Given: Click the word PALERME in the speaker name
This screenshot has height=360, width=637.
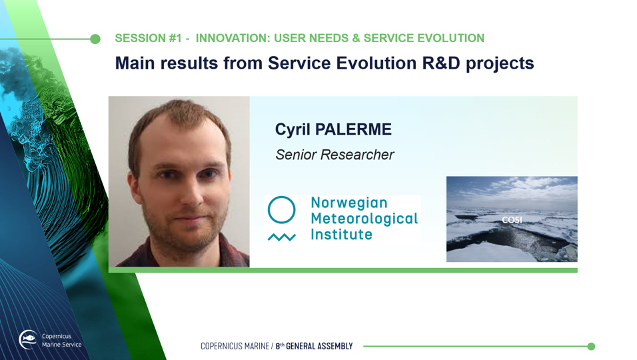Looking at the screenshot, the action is [353, 129].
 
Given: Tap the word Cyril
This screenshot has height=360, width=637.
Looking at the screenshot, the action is [293, 130].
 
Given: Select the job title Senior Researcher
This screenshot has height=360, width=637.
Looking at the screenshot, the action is [334, 155].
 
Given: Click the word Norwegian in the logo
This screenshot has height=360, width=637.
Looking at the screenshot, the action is [349, 203].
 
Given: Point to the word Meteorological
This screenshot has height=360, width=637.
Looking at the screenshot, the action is [364, 219].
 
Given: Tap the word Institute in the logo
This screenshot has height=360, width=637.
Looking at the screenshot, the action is [341, 235].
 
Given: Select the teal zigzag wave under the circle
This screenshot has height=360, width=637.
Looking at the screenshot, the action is [282, 237].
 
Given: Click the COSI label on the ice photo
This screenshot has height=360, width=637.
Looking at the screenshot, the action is [512, 220].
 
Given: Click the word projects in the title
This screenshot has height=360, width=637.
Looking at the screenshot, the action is [500, 64].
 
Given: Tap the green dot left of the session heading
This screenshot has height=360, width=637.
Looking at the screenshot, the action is [95, 39].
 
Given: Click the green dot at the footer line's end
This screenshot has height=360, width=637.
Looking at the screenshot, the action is [591, 346].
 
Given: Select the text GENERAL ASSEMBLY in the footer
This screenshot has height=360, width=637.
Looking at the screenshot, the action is [319, 346].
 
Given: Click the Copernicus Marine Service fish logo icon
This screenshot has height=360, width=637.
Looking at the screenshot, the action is [28, 339].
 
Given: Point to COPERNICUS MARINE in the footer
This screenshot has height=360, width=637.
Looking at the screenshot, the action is [235, 346].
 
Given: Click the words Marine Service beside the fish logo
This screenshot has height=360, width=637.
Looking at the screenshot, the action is [62, 345].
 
